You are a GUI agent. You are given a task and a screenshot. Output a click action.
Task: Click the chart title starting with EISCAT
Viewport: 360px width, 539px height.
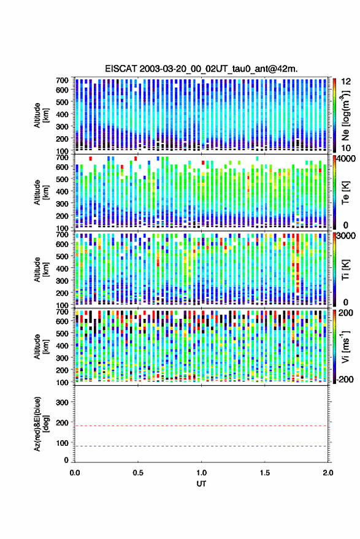pyautogui.click(x=201, y=69)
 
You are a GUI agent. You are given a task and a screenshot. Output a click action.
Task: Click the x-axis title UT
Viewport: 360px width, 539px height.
pyautogui.click(x=202, y=484)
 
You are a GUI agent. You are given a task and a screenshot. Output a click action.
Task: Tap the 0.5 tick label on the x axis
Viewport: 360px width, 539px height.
pyautogui.click(x=138, y=473)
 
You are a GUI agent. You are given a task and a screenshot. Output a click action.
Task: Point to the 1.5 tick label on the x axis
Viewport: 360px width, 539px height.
pyautogui.click(x=265, y=473)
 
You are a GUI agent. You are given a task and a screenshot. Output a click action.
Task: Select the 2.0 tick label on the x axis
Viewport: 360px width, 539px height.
pyautogui.click(x=328, y=473)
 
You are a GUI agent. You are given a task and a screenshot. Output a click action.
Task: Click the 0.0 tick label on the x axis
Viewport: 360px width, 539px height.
pyautogui.click(x=75, y=473)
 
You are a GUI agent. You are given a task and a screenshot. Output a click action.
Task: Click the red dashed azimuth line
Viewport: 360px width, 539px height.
pyautogui.click(x=202, y=426)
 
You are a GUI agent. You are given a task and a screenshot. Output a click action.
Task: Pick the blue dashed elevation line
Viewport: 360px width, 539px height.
pyautogui.click(x=202, y=446)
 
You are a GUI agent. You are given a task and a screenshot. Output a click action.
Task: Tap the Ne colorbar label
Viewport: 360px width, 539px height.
pyautogui.click(x=345, y=116)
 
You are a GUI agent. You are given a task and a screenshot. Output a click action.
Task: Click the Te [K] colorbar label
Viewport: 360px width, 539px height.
pyautogui.click(x=345, y=193)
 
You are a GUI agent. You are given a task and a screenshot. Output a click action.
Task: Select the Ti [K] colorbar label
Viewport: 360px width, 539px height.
pyautogui.click(x=345, y=270)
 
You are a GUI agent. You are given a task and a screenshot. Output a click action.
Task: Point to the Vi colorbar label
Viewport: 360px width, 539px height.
pyautogui.click(x=345, y=346)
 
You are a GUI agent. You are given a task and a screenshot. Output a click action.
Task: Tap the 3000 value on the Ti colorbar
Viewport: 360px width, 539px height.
pyautogui.click(x=347, y=237)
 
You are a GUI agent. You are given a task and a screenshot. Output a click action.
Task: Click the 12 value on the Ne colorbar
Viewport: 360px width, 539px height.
pyautogui.click(x=346, y=81)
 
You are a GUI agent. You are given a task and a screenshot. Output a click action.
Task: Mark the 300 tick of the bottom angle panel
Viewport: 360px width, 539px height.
pyautogui.click(x=62, y=402)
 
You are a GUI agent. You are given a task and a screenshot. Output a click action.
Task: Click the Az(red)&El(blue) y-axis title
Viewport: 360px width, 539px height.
pyautogui.click(x=41, y=424)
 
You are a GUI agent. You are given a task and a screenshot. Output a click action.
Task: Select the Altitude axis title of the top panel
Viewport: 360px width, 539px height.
pyautogui.click(x=41, y=115)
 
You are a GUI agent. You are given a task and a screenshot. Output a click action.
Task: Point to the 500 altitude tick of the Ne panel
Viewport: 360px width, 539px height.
pyautogui.click(x=62, y=102)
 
